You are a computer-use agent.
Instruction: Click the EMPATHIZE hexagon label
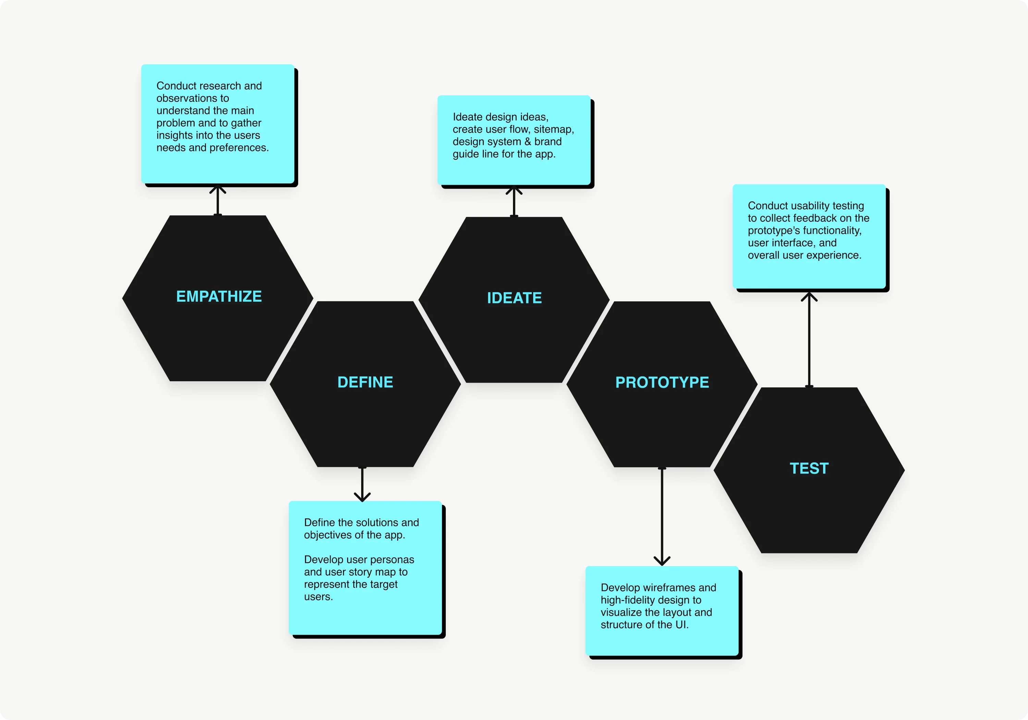[x=219, y=297]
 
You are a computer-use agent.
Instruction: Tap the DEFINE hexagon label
[x=365, y=382]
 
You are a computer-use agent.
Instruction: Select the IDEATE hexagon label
[x=514, y=298]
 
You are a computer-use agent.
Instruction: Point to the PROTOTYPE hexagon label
[x=662, y=382]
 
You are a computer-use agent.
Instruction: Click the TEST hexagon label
[x=809, y=468]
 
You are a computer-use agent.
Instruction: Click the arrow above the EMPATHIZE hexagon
[x=218, y=200]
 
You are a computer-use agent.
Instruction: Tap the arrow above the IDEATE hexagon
[x=514, y=201]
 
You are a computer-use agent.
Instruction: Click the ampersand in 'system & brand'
[x=527, y=142]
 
